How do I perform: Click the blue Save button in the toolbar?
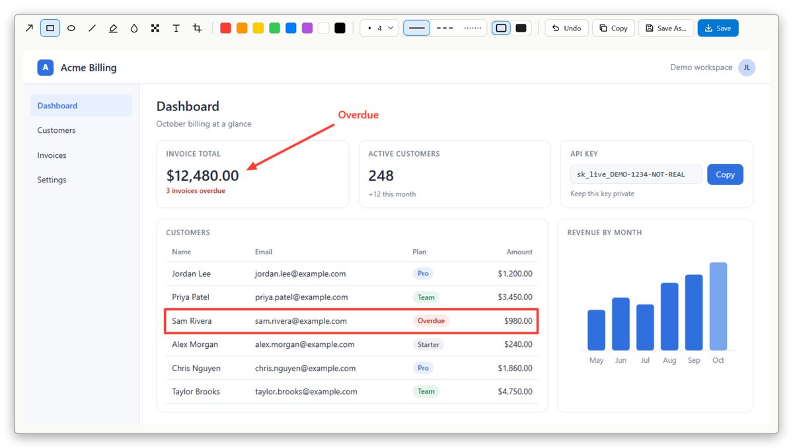click(x=718, y=28)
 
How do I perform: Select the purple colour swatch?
click(x=307, y=28)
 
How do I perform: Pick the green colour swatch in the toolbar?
click(x=274, y=28)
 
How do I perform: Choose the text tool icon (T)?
click(x=176, y=28)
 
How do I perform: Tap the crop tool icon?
click(x=197, y=28)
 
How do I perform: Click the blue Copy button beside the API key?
click(x=725, y=174)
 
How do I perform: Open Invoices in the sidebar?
click(x=52, y=155)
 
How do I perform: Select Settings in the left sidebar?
click(x=52, y=180)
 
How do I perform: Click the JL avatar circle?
click(x=747, y=67)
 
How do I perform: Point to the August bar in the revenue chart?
click(x=669, y=317)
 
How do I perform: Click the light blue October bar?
click(x=718, y=306)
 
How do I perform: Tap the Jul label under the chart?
click(x=645, y=360)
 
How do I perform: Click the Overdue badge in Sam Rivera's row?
click(x=431, y=320)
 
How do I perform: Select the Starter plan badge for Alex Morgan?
click(x=428, y=344)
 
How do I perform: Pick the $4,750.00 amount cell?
click(x=515, y=391)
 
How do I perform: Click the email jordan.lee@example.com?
click(x=300, y=274)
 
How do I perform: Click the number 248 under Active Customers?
click(x=381, y=176)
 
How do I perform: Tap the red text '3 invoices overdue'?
click(x=196, y=191)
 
